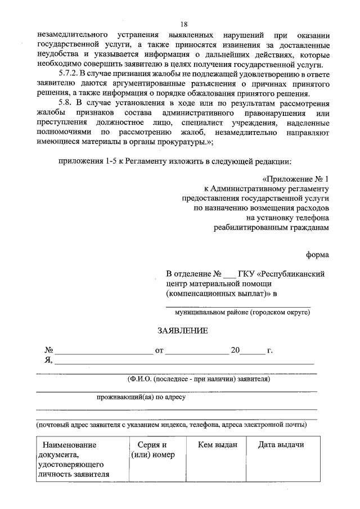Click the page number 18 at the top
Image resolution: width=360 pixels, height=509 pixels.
tap(183, 24)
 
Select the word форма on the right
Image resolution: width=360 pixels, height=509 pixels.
tap(318, 254)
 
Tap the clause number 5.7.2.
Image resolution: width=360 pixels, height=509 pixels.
tap(71, 74)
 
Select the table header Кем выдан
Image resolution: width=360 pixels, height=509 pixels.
tap(218, 445)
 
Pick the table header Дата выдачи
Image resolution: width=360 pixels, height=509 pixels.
tap(281, 445)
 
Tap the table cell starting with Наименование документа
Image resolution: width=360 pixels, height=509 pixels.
tap(73, 459)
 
